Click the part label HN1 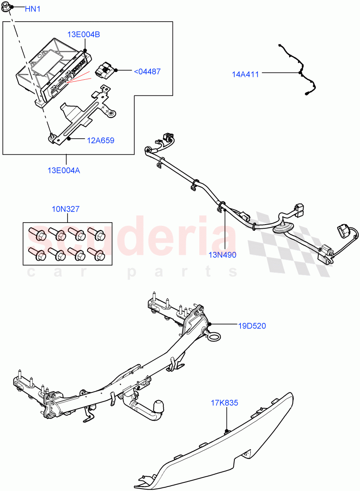pos(32,9)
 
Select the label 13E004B pos(84,35)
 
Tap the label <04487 pos(147,72)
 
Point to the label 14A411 pos(245,74)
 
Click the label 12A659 pos(100,140)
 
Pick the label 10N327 pos(65,209)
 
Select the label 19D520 pos(252,326)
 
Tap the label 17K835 pos(225,403)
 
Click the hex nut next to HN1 pos(11,8)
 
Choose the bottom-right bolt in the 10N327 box pos(97,254)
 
